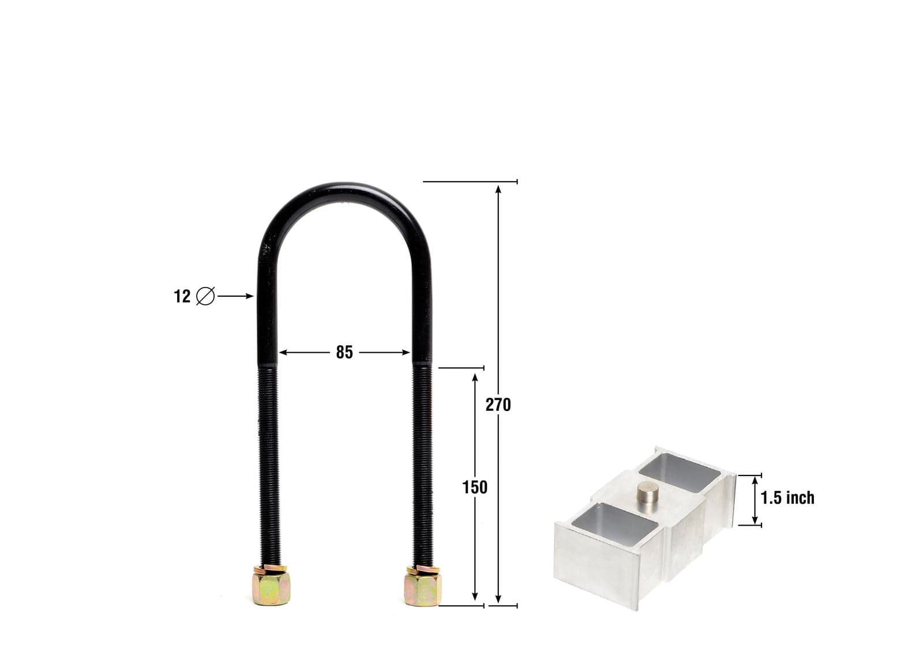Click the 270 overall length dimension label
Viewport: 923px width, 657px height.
[498, 405]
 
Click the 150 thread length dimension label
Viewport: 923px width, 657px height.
[475, 488]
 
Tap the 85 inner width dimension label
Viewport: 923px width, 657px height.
[344, 352]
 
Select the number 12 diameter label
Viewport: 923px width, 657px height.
[182, 296]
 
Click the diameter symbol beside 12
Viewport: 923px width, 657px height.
[205, 296]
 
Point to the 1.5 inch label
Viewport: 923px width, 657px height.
[787, 497]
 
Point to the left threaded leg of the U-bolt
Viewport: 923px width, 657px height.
[268, 461]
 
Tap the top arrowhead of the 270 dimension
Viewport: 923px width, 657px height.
[498, 188]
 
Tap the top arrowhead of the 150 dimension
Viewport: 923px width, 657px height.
[475, 377]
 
